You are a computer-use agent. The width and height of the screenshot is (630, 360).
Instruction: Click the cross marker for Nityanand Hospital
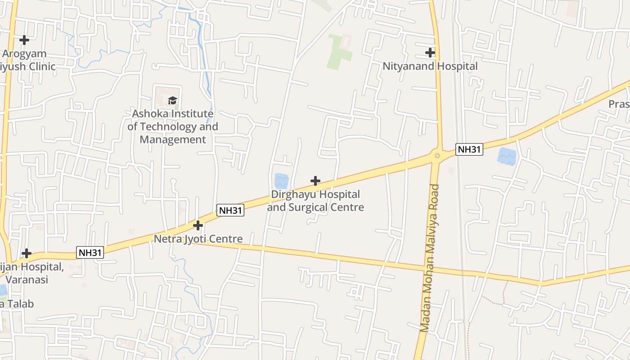pos(430,53)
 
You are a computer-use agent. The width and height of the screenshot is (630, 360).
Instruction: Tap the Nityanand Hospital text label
pos(430,66)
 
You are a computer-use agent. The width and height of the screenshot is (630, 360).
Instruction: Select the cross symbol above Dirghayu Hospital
pos(315,181)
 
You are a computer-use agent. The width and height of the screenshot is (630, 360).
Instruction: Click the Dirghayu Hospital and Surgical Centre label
pos(315,201)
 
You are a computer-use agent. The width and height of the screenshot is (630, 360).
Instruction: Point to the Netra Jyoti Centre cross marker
pos(198,225)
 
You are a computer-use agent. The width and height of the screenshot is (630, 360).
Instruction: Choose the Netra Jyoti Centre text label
pos(198,239)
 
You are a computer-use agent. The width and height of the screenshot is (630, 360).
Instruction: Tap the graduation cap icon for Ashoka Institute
pos(172,100)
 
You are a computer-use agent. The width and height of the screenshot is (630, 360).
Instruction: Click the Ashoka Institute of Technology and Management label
pos(172,126)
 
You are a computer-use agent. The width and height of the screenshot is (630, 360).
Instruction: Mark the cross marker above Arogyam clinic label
pos(24,40)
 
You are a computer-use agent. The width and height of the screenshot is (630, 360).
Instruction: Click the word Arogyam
pos(24,54)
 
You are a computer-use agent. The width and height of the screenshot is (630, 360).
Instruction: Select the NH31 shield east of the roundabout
pos(469,149)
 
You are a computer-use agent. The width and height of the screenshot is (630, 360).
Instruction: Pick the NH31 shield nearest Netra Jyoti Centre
pos(230,210)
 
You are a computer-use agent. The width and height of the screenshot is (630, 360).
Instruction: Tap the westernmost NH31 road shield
pos(90,252)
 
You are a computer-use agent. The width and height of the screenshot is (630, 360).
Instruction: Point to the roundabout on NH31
pos(437,156)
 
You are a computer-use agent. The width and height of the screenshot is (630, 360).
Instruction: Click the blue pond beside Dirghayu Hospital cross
pos(281,181)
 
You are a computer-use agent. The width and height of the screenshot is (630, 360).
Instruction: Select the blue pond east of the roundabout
pos(507,156)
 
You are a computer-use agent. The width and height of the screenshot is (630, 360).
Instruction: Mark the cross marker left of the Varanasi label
pos(27,253)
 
